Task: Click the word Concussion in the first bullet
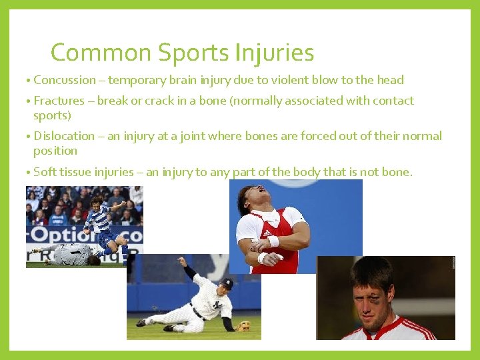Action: pyautogui.click(x=65, y=80)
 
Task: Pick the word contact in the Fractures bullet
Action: pyautogui.click(x=394, y=101)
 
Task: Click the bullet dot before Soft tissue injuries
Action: pyautogui.click(x=28, y=173)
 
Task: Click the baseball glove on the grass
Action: pyautogui.click(x=244, y=326)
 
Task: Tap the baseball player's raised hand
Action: pyautogui.click(x=181, y=261)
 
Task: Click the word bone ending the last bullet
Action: pyautogui.click(x=397, y=172)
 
